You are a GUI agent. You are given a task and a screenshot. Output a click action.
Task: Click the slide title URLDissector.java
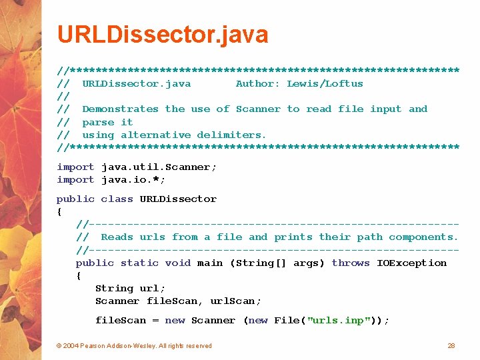[x=163, y=34]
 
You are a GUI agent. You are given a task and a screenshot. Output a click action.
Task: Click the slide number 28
[x=451, y=345]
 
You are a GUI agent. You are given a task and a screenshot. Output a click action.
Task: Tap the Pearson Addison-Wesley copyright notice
[x=134, y=345]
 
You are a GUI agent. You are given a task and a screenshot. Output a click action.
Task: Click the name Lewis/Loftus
[x=325, y=83]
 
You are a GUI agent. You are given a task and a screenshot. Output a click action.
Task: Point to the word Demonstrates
[x=120, y=109]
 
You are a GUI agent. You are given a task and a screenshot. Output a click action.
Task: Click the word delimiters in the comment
[x=231, y=135]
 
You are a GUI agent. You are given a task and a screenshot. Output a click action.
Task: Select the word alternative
[x=158, y=135]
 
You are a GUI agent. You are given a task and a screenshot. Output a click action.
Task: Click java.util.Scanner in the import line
[x=159, y=167]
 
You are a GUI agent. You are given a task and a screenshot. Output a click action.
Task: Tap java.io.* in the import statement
[x=133, y=179]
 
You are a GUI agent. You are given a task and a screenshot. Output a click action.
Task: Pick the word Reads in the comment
[x=117, y=237]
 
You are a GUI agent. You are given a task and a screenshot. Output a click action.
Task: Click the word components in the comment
[x=423, y=237]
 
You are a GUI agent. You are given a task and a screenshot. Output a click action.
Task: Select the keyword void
[x=178, y=263]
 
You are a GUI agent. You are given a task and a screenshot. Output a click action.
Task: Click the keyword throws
[x=351, y=263]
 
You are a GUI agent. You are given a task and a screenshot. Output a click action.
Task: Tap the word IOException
[x=411, y=263]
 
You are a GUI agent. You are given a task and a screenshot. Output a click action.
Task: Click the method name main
[x=210, y=263]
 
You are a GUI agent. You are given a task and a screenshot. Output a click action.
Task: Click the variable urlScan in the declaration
[x=235, y=301]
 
